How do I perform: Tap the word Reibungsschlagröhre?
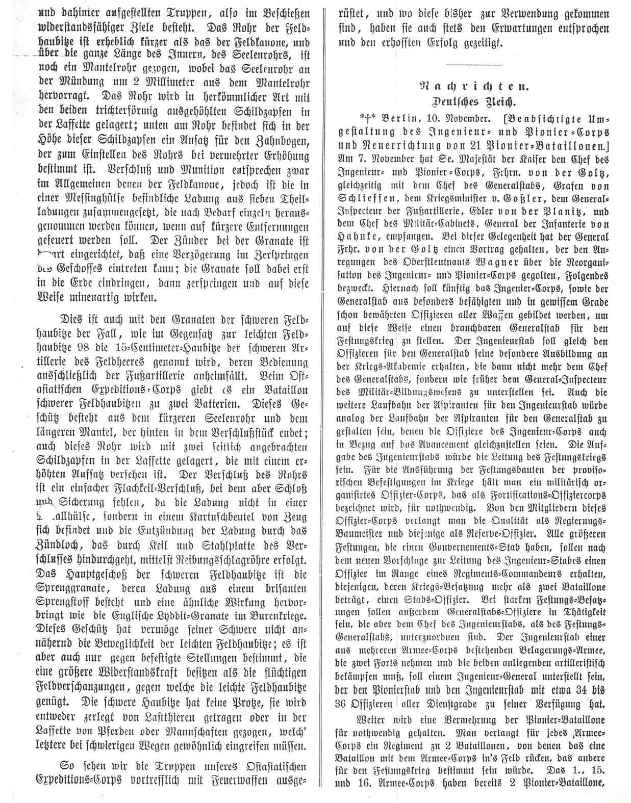pos(209,558)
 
